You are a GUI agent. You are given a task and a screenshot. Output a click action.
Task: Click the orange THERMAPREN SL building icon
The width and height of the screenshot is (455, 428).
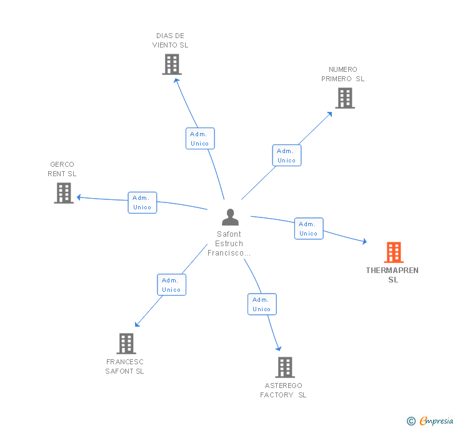pos(393,252)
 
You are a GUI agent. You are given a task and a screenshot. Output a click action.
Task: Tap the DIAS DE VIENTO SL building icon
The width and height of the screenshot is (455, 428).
pos(171,64)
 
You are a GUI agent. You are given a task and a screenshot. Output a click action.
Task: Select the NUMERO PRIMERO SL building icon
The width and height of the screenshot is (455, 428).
pos(344,98)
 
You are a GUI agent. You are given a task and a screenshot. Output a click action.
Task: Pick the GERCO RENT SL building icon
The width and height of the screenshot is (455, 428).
pos(63,193)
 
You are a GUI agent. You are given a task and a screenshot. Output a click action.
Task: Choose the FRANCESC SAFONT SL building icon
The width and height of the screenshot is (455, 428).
pos(126,344)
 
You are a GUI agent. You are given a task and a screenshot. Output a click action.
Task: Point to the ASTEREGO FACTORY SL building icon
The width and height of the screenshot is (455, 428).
pos(284,367)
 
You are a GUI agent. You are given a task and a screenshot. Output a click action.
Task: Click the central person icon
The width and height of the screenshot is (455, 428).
pos(230,217)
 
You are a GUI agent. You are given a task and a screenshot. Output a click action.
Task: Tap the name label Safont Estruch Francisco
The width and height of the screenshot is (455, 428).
pos(229,244)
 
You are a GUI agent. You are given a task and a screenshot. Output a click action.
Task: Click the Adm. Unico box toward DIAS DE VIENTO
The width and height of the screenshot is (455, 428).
pos(200,139)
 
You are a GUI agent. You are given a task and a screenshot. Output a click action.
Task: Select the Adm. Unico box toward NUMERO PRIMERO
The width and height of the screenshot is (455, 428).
pos(286,156)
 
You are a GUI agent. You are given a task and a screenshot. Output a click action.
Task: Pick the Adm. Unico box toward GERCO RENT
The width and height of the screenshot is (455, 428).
pos(142,202)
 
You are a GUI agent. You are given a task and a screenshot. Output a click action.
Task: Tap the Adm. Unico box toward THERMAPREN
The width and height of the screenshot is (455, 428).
pos(308,229)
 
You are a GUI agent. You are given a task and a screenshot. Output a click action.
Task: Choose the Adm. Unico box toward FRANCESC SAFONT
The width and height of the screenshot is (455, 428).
pos(171,285)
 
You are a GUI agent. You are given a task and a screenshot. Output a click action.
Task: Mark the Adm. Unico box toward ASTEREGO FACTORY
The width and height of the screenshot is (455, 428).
pos(261,304)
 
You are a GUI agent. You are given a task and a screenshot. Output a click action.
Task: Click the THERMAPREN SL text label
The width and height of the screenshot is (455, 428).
pos(392,275)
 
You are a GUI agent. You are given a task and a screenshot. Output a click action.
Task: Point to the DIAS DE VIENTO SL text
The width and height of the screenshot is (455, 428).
pos(170,41)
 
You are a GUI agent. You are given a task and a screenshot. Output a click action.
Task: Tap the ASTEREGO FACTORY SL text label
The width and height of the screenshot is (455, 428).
pos(283,390)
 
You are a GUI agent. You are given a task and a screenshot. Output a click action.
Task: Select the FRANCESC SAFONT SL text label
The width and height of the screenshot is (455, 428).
pos(124,366)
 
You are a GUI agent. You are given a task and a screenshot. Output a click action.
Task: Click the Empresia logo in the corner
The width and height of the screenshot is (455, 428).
pos(431,421)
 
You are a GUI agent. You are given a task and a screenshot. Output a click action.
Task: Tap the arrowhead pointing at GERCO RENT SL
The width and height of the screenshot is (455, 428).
pos(79,197)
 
